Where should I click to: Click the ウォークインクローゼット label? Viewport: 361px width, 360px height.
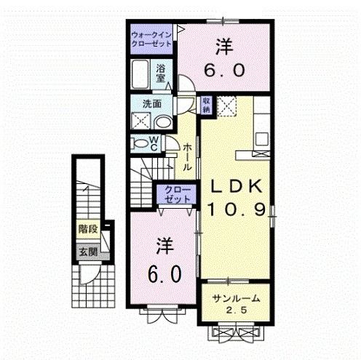tap(151, 39)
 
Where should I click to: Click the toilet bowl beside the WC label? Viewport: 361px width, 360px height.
tap(138, 143)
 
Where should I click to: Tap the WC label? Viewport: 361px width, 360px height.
tap(154, 143)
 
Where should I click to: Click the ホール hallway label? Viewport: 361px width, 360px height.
tap(188, 156)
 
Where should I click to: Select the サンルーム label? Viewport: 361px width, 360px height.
tap(235, 300)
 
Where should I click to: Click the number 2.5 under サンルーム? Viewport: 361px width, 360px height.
tap(236, 311)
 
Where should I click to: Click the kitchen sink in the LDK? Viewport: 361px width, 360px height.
tap(261, 137)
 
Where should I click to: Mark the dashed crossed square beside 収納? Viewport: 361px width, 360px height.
tap(229, 105)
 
